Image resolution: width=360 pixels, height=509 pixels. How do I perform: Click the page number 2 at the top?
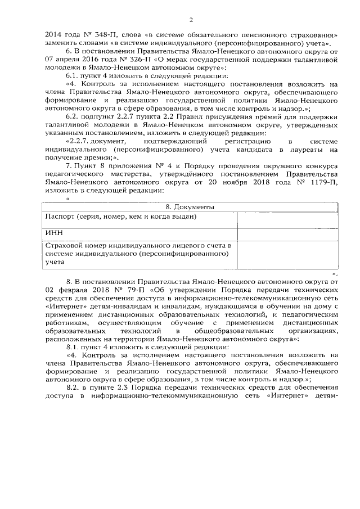[190, 20]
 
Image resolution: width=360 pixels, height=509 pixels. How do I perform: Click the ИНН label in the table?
[53, 232]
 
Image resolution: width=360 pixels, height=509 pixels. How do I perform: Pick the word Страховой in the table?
[65, 246]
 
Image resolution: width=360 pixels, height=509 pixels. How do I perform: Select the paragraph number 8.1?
[73, 347]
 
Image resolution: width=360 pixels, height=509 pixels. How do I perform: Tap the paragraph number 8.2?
[73, 388]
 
